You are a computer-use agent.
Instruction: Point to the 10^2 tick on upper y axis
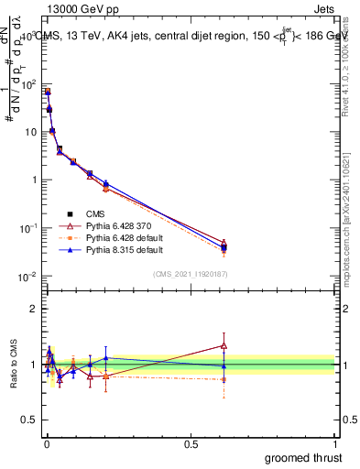[28, 84]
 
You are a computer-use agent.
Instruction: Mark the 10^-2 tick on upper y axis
[28, 276]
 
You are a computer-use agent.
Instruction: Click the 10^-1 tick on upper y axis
[28, 228]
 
